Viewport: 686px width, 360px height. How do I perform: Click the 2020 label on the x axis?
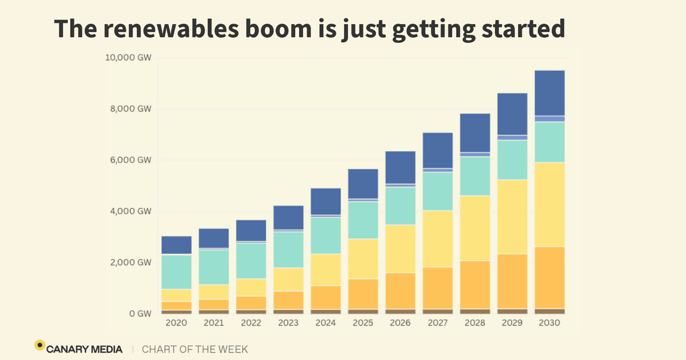176,323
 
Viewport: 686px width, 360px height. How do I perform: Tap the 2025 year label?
362,323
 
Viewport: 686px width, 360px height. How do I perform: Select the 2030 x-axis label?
549,323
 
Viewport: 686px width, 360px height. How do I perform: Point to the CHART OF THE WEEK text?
195,349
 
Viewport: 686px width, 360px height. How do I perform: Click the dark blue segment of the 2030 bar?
549,93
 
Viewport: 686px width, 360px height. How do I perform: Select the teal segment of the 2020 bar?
176,272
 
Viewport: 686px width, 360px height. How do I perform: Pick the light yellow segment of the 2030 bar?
549,205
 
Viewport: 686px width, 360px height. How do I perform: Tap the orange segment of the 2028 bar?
474,285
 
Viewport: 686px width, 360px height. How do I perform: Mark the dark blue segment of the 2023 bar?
288,217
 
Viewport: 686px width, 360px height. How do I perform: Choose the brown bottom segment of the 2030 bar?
549,311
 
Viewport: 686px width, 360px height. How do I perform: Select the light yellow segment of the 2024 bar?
325,270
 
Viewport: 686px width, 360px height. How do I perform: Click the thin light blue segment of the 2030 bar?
549,119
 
